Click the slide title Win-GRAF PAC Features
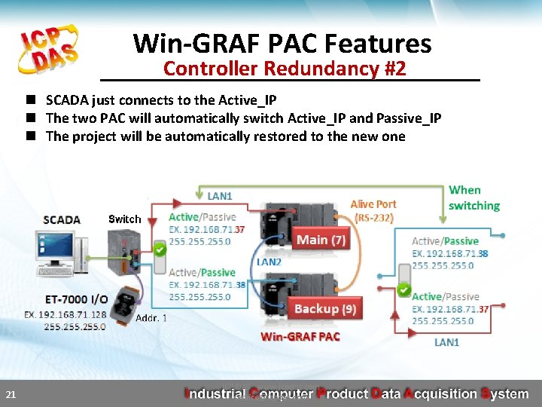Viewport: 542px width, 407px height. [282, 44]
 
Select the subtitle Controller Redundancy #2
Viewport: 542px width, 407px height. [285, 69]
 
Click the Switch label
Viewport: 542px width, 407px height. [124, 219]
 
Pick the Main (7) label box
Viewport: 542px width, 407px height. [321, 240]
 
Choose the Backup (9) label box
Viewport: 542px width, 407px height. [325, 309]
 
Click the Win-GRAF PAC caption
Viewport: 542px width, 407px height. [300, 337]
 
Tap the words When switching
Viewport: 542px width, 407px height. [473, 198]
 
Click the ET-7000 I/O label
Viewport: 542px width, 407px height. [77, 299]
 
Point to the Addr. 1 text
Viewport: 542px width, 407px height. [151, 318]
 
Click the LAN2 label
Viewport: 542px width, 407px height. [269, 262]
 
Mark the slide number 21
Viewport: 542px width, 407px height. [11, 394]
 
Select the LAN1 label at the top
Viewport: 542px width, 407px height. [219, 196]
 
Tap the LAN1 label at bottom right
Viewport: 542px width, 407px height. [446, 342]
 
